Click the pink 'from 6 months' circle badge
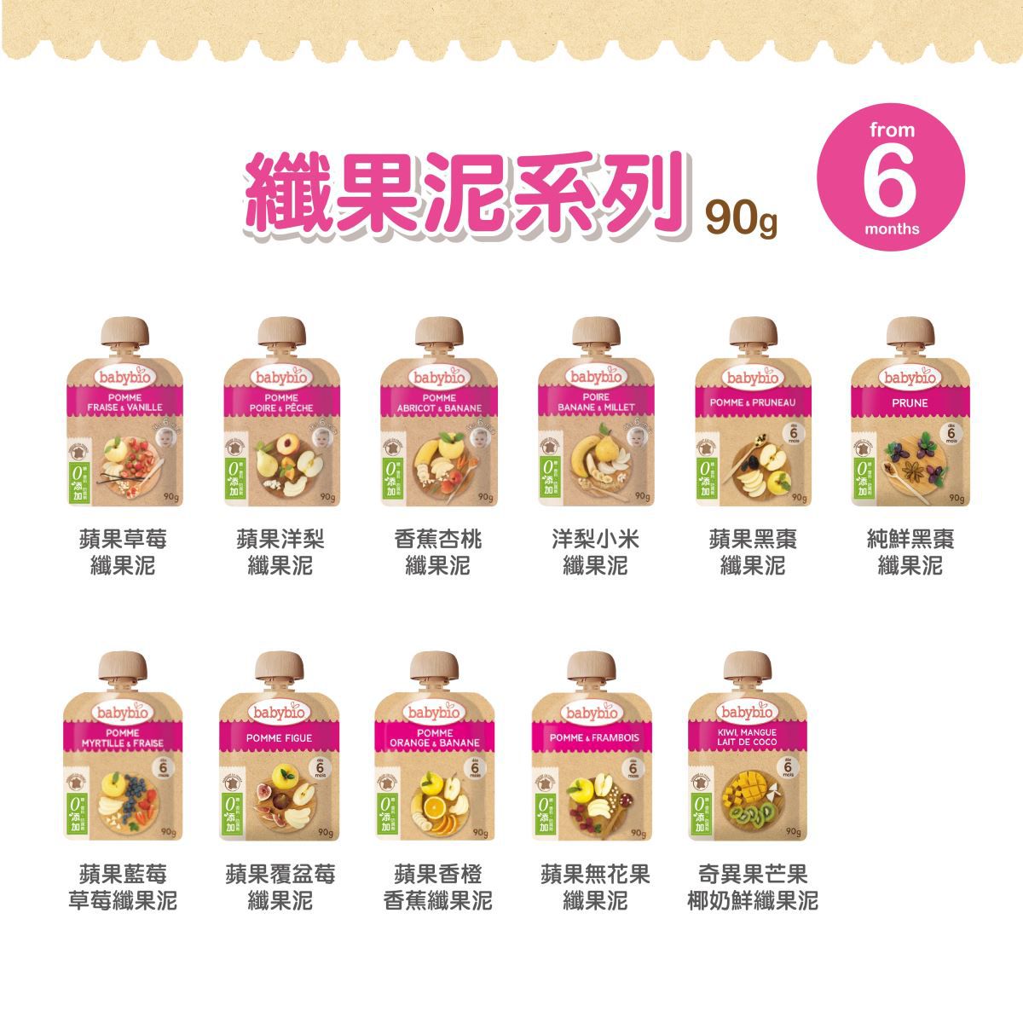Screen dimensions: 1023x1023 click(x=891, y=176)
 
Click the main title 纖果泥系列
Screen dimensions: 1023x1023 click(x=465, y=193)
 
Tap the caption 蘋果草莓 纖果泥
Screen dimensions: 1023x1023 click(x=123, y=552)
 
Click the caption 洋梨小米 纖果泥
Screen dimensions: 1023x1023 click(x=595, y=552)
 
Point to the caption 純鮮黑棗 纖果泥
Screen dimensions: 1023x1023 click(x=910, y=552)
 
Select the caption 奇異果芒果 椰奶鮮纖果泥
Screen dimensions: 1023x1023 click(x=752, y=887)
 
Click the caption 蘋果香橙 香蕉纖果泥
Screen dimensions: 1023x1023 click(x=437, y=887)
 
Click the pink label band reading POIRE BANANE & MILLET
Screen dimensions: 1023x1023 click(x=596, y=402)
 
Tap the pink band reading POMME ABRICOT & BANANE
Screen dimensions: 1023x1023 click(x=438, y=402)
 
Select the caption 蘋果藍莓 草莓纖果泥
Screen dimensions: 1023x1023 click(x=123, y=887)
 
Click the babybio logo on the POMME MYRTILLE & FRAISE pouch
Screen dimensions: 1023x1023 click(x=123, y=711)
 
